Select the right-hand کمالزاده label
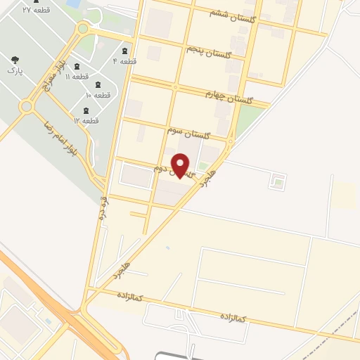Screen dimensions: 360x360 [x=231, y=319]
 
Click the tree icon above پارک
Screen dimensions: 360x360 [x=15, y=60]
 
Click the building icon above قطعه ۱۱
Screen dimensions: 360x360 [x=77, y=67]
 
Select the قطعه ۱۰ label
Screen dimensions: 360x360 [x=98, y=95]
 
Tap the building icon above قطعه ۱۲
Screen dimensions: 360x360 [x=86, y=110]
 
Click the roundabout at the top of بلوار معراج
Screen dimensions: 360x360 [x=83, y=29]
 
